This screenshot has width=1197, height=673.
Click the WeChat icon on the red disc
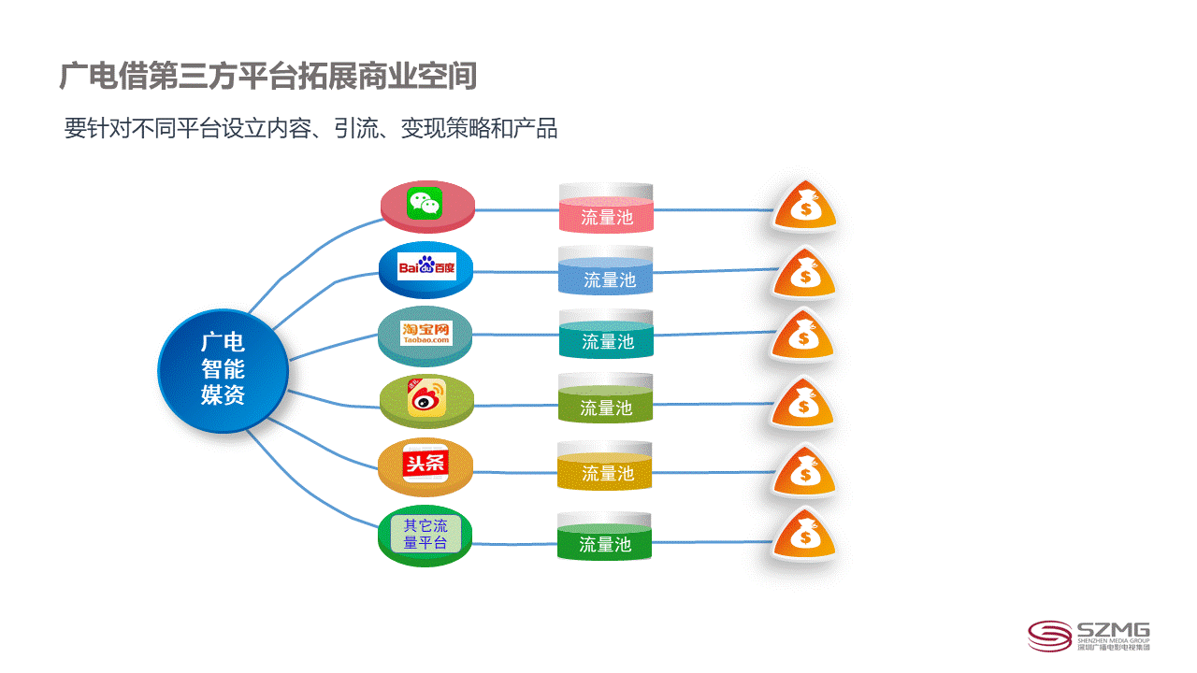coord(425,203)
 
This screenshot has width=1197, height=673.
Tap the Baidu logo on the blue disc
coord(427,266)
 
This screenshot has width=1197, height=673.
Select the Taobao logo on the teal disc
coord(425,333)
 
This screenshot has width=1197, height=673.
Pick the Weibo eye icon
coord(426,398)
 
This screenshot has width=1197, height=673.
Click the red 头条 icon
coord(425,463)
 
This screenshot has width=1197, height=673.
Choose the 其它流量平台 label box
coord(425,534)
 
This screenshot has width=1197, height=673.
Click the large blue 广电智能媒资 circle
coord(223,371)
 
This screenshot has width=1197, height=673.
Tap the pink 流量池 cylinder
coord(606,208)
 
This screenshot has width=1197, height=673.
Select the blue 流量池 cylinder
coord(605,270)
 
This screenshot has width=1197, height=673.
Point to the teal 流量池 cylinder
coord(606,334)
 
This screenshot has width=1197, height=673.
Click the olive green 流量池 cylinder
coord(605,398)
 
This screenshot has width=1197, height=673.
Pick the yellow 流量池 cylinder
coord(604,465)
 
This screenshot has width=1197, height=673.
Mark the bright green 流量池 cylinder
coord(604,536)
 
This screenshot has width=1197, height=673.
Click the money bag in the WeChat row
coord(805,206)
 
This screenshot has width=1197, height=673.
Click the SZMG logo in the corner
coord(1089,637)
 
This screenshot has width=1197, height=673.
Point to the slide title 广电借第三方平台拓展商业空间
coord(267,76)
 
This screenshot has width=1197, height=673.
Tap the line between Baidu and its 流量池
coord(515,272)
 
